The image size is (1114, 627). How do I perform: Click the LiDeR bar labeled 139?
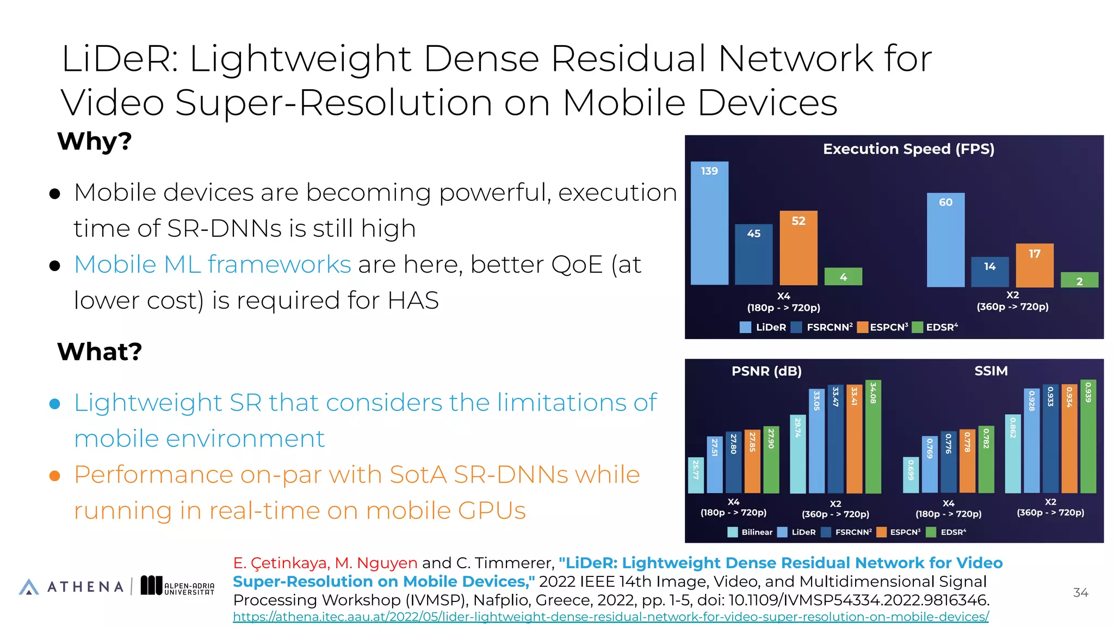709,223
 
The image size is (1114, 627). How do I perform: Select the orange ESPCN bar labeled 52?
798,248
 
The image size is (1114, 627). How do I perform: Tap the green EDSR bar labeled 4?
843,276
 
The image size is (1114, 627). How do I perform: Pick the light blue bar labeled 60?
945,240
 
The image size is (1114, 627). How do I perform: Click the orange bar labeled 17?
1035,266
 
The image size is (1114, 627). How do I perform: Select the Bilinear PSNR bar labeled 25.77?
695,475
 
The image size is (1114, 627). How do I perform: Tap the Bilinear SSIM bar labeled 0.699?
911,475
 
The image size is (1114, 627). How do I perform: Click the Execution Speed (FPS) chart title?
908,149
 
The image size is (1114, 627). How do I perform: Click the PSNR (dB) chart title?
766,371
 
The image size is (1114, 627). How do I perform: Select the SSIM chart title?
991,371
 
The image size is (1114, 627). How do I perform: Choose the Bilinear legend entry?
750,532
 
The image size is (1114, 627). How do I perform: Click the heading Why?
95,142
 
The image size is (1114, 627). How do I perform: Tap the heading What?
100,352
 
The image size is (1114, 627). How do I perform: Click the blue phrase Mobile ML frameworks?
212,265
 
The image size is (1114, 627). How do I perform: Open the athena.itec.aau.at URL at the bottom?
610,617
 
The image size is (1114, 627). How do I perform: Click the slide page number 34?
1080,593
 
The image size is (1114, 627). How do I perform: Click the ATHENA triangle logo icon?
29,587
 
